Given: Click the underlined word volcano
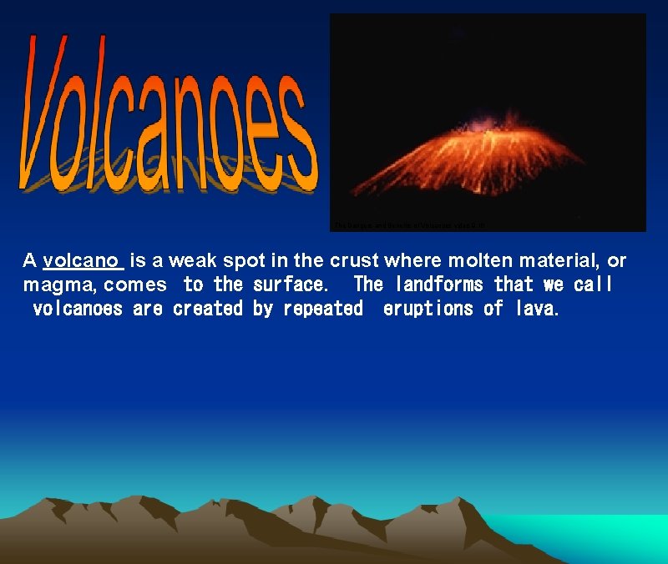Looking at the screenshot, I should [83, 260].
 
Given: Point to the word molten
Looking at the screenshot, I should [458, 260].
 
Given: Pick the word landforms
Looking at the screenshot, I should [438, 285].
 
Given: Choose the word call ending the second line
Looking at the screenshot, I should [592, 285].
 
